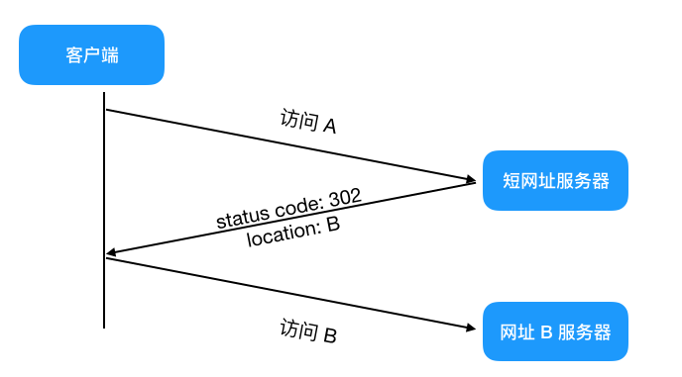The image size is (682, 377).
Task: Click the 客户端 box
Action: click(x=91, y=55)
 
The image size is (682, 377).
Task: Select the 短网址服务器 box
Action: click(x=555, y=180)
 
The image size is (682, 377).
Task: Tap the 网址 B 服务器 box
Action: click(x=555, y=330)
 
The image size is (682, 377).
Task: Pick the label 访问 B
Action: click(x=308, y=330)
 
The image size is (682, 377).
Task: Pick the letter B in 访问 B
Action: click(x=329, y=334)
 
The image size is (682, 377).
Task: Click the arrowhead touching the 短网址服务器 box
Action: click(x=470, y=180)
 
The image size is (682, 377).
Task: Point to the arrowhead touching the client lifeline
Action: click(x=112, y=254)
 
